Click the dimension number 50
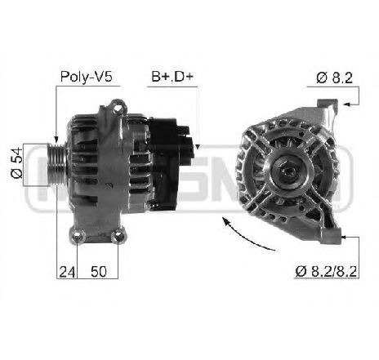(x=97, y=272)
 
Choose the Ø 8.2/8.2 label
(x=324, y=272)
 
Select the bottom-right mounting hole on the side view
(x=120, y=238)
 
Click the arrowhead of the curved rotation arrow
(x=225, y=221)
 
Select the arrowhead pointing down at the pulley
(x=55, y=140)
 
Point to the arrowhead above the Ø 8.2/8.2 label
(x=346, y=236)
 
